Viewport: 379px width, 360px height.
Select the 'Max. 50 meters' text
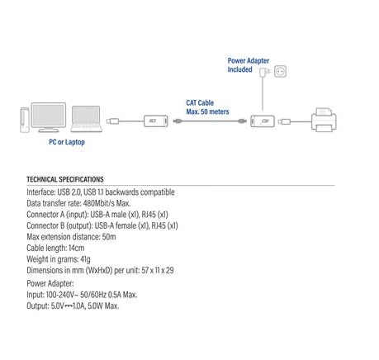(207, 111)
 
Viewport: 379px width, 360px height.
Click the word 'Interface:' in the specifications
(42, 191)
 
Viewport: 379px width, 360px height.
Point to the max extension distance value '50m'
(107, 236)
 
